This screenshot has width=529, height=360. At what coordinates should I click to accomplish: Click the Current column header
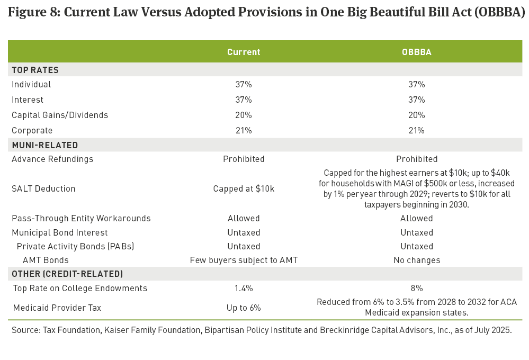tap(244, 52)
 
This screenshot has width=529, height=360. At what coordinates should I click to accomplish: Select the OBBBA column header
tap(416, 52)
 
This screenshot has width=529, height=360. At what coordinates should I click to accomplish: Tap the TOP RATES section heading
tap(35, 70)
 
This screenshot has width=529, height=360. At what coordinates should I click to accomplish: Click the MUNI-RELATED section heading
tap(45, 145)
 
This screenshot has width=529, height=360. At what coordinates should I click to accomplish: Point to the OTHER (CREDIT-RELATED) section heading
tap(67, 274)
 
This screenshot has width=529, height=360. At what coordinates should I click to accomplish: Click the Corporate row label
tap(32, 130)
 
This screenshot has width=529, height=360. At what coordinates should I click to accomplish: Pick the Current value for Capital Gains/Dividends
tap(244, 115)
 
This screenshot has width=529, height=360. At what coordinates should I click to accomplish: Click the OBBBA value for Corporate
tap(416, 130)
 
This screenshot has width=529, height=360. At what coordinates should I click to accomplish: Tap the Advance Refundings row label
tap(52, 159)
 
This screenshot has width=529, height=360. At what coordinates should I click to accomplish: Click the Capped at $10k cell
tap(244, 188)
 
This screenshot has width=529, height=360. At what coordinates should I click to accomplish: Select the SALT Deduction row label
tap(43, 188)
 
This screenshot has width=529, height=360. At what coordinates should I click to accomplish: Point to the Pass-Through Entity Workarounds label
tap(81, 218)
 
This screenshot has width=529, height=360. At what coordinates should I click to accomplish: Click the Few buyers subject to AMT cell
tap(244, 260)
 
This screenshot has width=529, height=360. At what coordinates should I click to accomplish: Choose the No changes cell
tap(416, 260)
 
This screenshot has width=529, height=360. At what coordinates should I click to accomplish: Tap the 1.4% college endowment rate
tap(244, 289)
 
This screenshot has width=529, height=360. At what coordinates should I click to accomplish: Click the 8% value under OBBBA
tap(416, 289)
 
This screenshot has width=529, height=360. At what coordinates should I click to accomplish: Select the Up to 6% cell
tap(244, 308)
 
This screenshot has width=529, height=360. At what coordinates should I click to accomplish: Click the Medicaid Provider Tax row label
tap(57, 308)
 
